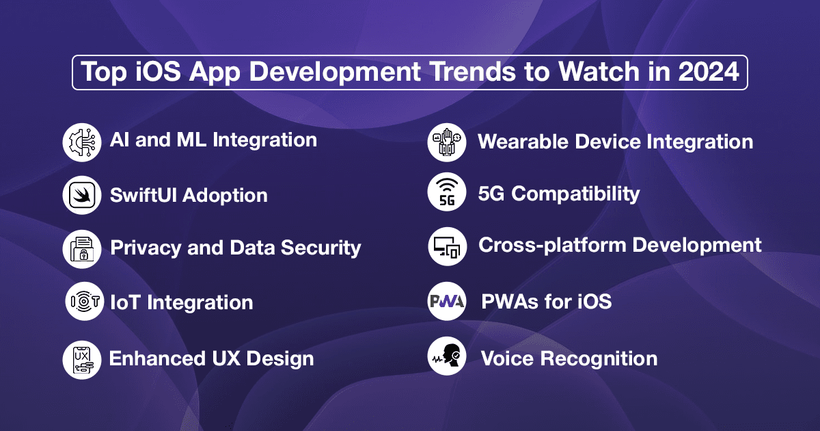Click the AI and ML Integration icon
(x=81, y=142)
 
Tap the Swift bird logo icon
(x=81, y=195)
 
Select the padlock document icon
(x=81, y=249)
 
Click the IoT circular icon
(x=85, y=301)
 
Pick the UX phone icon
(x=81, y=360)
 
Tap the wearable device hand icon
(x=447, y=142)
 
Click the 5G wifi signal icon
(x=447, y=192)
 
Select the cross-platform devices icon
(x=448, y=246)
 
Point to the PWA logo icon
(x=447, y=301)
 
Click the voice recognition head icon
(x=447, y=356)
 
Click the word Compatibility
(x=575, y=194)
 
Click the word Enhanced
(x=157, y=358)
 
